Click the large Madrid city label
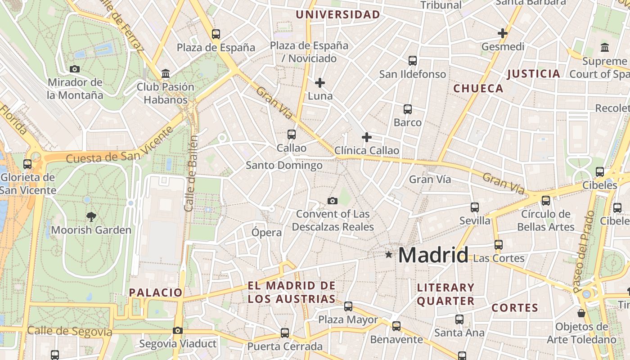(x=433, y=255)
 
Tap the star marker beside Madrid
(x=389, y=255)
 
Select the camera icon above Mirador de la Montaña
(x=75, y=69)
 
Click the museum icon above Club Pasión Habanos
(x=166, y=73)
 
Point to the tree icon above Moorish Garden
(x=91, y=216)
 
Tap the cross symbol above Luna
(x=320, y=83)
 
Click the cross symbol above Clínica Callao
(x=367, y=137)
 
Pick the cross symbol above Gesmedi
(x=503, y=33)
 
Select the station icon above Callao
(x=292, y=134)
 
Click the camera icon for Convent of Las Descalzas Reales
(x=333, y=201)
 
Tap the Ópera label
(x=266, y=233)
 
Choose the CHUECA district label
(x=478, y=88)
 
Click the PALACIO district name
(x=156, y=292)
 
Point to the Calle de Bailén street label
(x=192, y=173)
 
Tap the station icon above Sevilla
(x=475, y=207)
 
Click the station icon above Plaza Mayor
(x=348, y=306)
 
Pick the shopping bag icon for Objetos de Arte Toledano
(x=581, y=313)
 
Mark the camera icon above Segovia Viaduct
(x=178, y=331)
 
